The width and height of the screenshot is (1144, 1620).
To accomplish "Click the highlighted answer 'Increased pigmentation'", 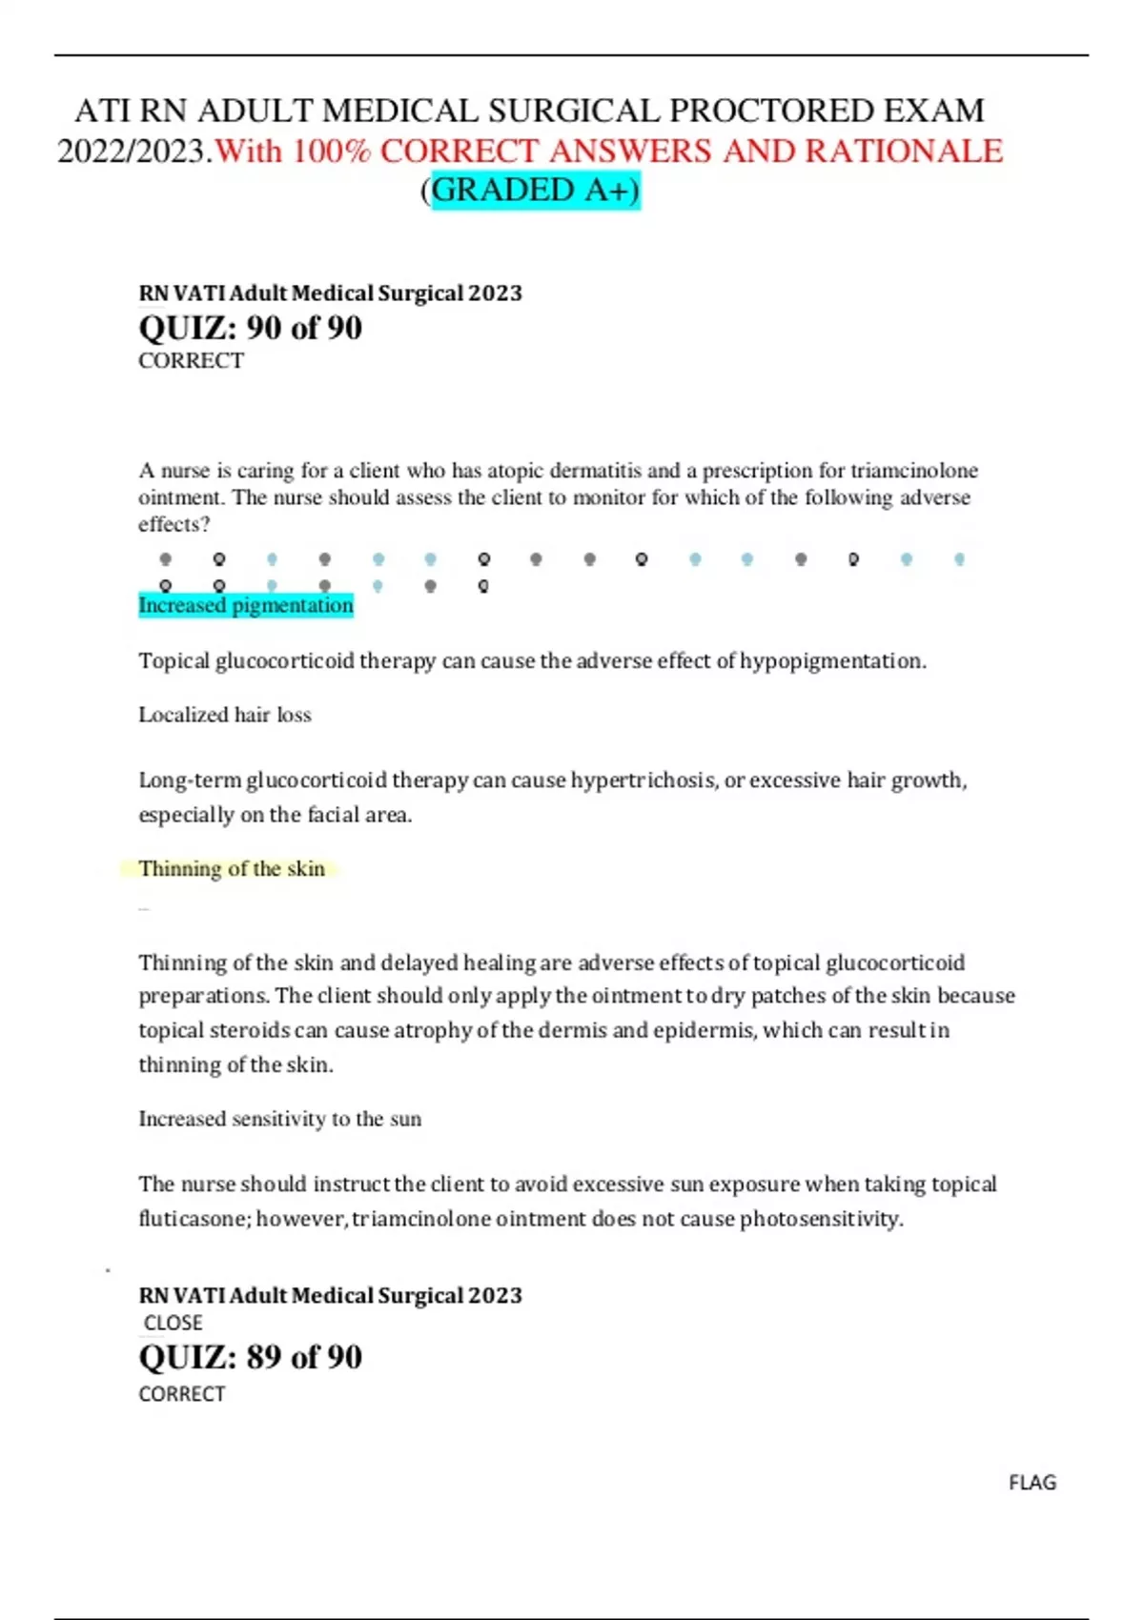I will pyautogui.click(x=246, y=605).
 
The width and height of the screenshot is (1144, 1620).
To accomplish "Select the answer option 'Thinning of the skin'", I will pyautogui.click(x=232, y=868).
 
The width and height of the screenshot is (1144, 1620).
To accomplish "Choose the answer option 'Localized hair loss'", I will pyautogui.click(x=225, y=715).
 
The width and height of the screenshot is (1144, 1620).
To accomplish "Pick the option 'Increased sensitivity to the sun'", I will pyautogui.click(x=279, y=1119).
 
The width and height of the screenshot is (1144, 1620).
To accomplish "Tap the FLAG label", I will pyautogui.click(x=1032, y=1483).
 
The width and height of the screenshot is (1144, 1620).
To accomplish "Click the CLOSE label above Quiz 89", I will pyautogui.click(x=173, y=1323).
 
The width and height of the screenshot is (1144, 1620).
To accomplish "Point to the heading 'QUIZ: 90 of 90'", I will pyautogui.click(x=250, y=328).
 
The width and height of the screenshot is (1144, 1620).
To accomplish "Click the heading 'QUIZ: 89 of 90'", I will pyautogui.click(x=250, y=1357).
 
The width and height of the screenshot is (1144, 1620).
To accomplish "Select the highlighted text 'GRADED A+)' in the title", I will pyautogui.click(x=536, y=191).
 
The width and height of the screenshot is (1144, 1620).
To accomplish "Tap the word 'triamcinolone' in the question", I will pyautogui.click(x=913, y=471).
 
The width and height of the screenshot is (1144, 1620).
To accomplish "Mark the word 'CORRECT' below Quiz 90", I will pyautogui.click(x=191, y=361).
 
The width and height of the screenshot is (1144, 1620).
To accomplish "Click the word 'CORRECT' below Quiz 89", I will pyautogui.click(x=181, y=1394).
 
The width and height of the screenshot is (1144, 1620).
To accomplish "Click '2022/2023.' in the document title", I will pyautogui.click(x=134, y=151).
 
